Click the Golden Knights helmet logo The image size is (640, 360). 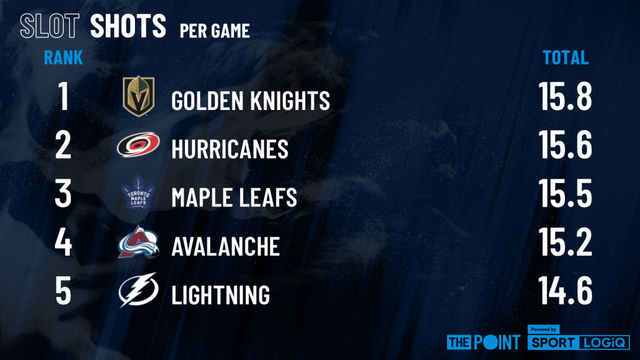click(x=139, y=96)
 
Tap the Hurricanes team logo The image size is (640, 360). click(x=138, y=144)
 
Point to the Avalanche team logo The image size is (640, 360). click(x=138, y=242)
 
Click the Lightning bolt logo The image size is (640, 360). click(x=138, y=290)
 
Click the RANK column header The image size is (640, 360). click(x=63, y=57)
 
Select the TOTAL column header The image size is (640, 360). click(x=566, y=57)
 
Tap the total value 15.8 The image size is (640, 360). click(x=566, y=96)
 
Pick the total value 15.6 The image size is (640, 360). click(x=566, y=144)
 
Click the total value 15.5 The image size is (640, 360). click(x=566, y=193)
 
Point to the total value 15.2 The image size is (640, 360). click(x=566, y=242)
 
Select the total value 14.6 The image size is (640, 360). click(x=566, y=290)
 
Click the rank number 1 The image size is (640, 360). click(x=63, y=96)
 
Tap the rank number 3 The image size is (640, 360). click(x=63, y=193)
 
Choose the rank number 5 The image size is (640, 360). click(x=63, y=290)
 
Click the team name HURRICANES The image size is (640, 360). click(x=230, y=149)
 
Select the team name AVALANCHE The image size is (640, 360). click(x=226, y=246)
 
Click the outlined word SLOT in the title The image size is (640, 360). click(x=49, y=26)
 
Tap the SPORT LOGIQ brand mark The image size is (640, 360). click(x=578, y=338)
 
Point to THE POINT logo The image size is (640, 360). click(x=484, y=342)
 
